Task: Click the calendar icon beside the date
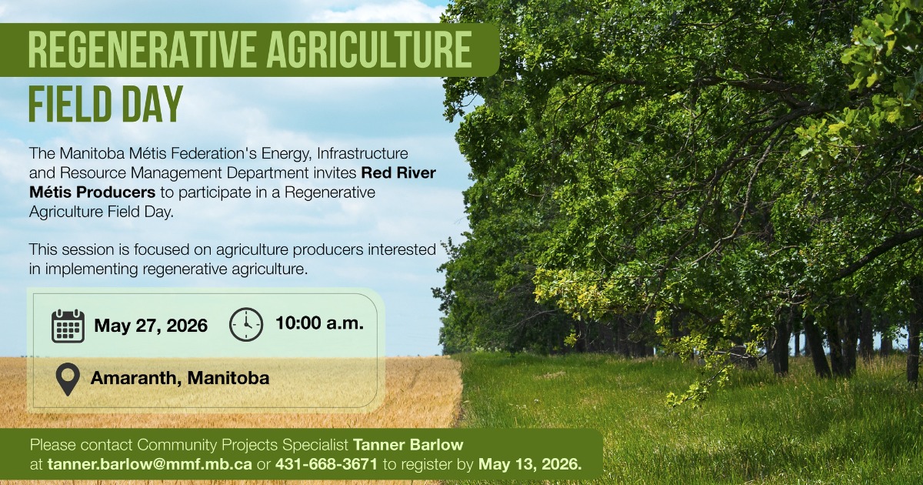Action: point(68,326)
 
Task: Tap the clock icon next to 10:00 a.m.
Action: point(246,325)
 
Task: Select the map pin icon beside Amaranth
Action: point(68,380)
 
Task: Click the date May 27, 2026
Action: point(151,326)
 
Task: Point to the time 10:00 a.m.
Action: point(320,323)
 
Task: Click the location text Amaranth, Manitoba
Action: point(180,378)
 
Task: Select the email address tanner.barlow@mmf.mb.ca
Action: point(149,464)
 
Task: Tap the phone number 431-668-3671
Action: point(326,464)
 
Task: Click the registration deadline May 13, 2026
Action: point(530,464)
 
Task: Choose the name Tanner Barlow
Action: point(408,445)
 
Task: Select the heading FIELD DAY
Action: point(105,104)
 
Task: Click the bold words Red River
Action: point(398,172)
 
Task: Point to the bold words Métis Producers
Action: point(92,192)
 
